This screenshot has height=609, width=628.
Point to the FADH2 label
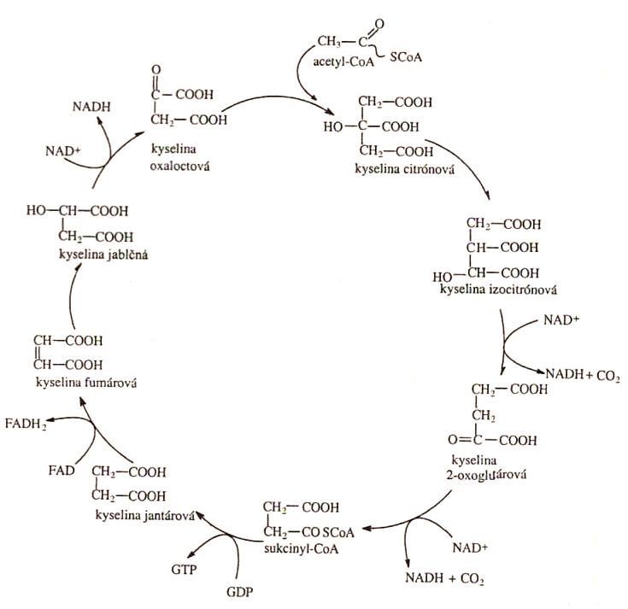pos(26,423)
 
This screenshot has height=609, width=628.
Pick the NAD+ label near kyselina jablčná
pos(65,151)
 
